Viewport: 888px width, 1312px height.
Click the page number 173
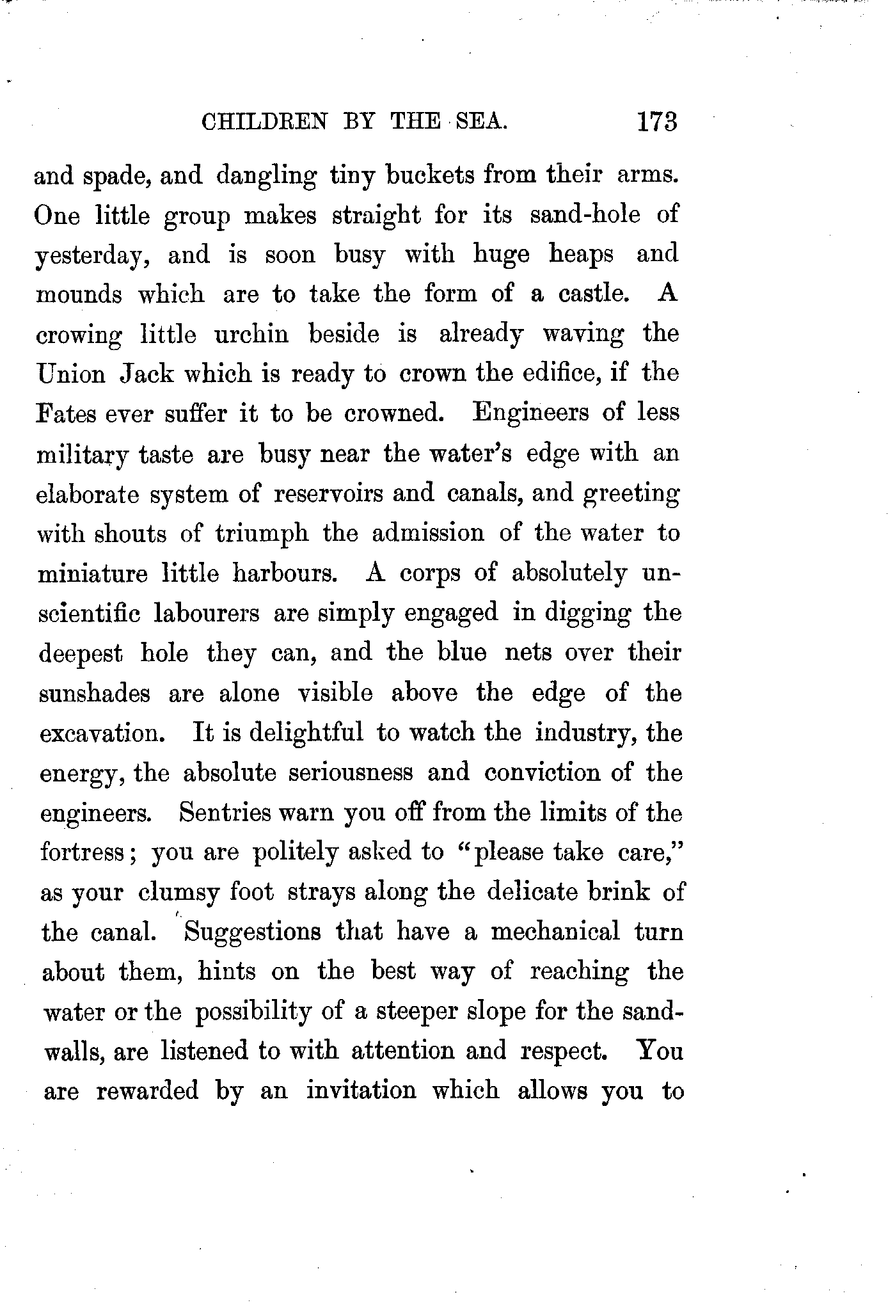[656, 121]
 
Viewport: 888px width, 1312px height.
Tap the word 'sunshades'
[95, 693]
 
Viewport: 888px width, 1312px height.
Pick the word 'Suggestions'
[252, 932]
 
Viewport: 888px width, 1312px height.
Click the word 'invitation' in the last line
[361, 1090]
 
